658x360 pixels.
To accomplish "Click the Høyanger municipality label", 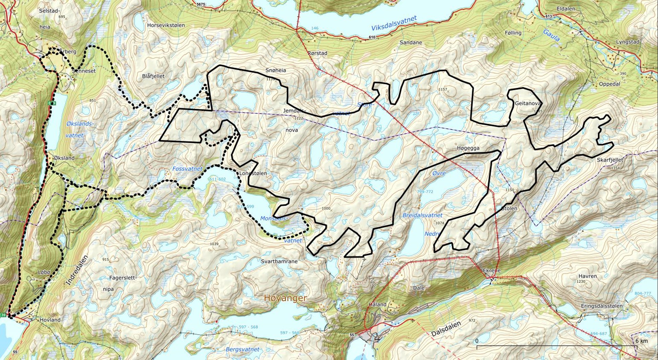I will pos(285,298).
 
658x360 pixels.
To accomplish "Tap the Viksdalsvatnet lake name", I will pos(394,23).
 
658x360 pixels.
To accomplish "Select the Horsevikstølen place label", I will pos(166,25).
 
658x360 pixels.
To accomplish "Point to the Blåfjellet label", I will pos(153,76).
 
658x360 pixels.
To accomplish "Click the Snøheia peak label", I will pos(276,70).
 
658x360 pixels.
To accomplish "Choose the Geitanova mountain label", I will pos(528,103).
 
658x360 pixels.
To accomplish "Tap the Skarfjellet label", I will pos(610,160).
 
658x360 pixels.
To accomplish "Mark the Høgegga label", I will pos(468,148).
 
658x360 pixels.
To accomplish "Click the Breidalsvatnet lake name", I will pos(423,215).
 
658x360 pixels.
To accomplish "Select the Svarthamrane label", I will pos(279,262).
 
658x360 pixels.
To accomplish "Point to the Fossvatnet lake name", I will pos(187,169).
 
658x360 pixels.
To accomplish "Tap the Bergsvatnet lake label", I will pos(242,349).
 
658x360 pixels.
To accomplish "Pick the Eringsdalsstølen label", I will pos(602,306).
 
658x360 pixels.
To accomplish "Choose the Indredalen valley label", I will pos(76,270).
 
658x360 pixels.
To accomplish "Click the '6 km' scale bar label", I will pos(642,341).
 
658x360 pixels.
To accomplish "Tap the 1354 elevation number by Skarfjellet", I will pos(616,168).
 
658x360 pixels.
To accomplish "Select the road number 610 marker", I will pos(372,37).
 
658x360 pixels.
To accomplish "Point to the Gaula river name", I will pos(551,36).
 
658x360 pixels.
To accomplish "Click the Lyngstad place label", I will pos(628,42).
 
